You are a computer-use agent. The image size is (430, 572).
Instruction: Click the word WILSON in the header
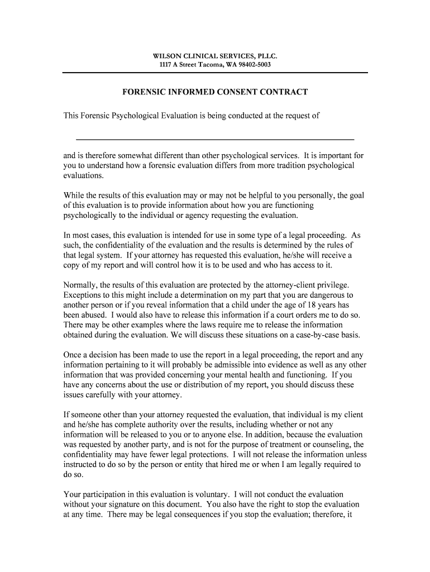point(166,56)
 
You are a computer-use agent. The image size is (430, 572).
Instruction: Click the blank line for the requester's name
point(215,138)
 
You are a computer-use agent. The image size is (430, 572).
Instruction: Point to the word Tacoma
point(211,65)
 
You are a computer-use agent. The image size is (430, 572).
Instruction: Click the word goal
point(356,195)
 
